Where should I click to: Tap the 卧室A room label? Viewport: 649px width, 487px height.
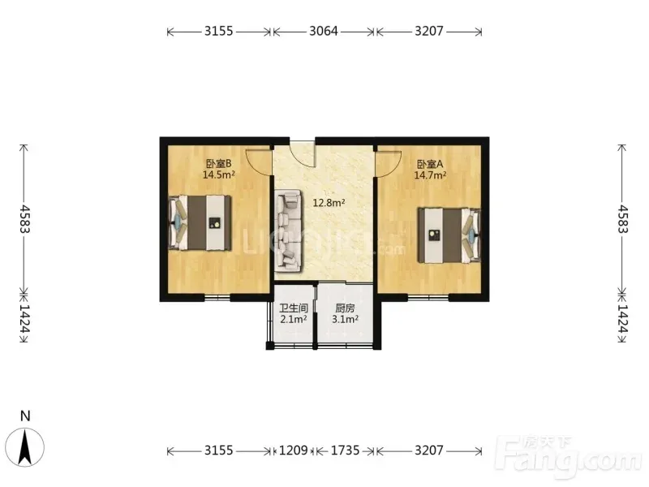(430, 164)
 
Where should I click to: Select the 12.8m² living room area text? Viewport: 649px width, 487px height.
(329, 203)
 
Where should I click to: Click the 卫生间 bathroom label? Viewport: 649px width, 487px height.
(294, 308)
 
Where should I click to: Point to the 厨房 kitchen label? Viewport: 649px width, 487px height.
(346, 308)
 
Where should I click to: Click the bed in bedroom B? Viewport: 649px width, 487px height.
(200, 222)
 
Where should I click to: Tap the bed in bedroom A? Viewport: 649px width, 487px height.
(449, 235)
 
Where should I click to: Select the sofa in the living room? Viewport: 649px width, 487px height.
(287, 231)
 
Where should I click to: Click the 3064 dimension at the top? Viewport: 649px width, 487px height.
(324, 31)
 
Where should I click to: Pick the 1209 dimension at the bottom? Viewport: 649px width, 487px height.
(293, 450)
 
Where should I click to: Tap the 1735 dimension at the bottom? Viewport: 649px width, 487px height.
(346, 450)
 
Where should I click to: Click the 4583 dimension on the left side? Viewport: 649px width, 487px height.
(25, 218)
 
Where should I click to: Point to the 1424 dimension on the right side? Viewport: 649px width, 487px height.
(622, 319)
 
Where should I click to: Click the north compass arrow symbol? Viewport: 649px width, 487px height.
(26, 448)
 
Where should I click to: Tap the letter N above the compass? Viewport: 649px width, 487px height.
(26, 416)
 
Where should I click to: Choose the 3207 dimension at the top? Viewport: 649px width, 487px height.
(429, 31)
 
